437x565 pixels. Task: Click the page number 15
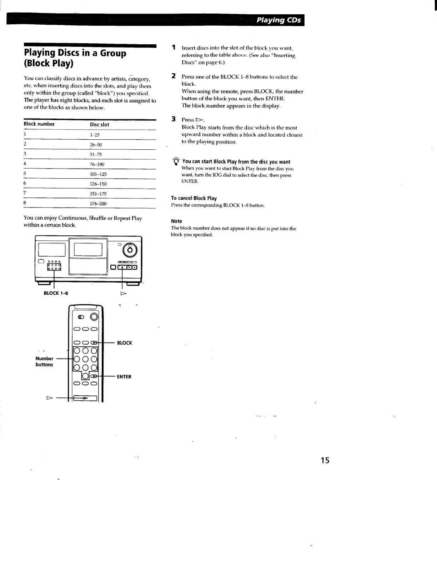325,460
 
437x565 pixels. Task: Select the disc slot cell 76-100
97,164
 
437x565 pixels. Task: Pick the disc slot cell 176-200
98,204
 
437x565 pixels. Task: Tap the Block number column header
39,124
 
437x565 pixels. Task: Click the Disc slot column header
100,124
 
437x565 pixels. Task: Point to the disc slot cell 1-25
95,135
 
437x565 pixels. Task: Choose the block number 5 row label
25,174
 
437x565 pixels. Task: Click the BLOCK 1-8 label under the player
56,293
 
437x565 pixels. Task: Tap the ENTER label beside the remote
124,377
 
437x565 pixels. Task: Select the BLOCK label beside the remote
125,343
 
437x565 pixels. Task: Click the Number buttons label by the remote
44,361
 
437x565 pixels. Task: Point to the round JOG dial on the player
130,250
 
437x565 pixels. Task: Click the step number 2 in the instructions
174,76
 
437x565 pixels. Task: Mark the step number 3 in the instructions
174,119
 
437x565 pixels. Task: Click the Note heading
176,221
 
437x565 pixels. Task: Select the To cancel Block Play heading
194,198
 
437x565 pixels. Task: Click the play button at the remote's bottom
85,398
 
